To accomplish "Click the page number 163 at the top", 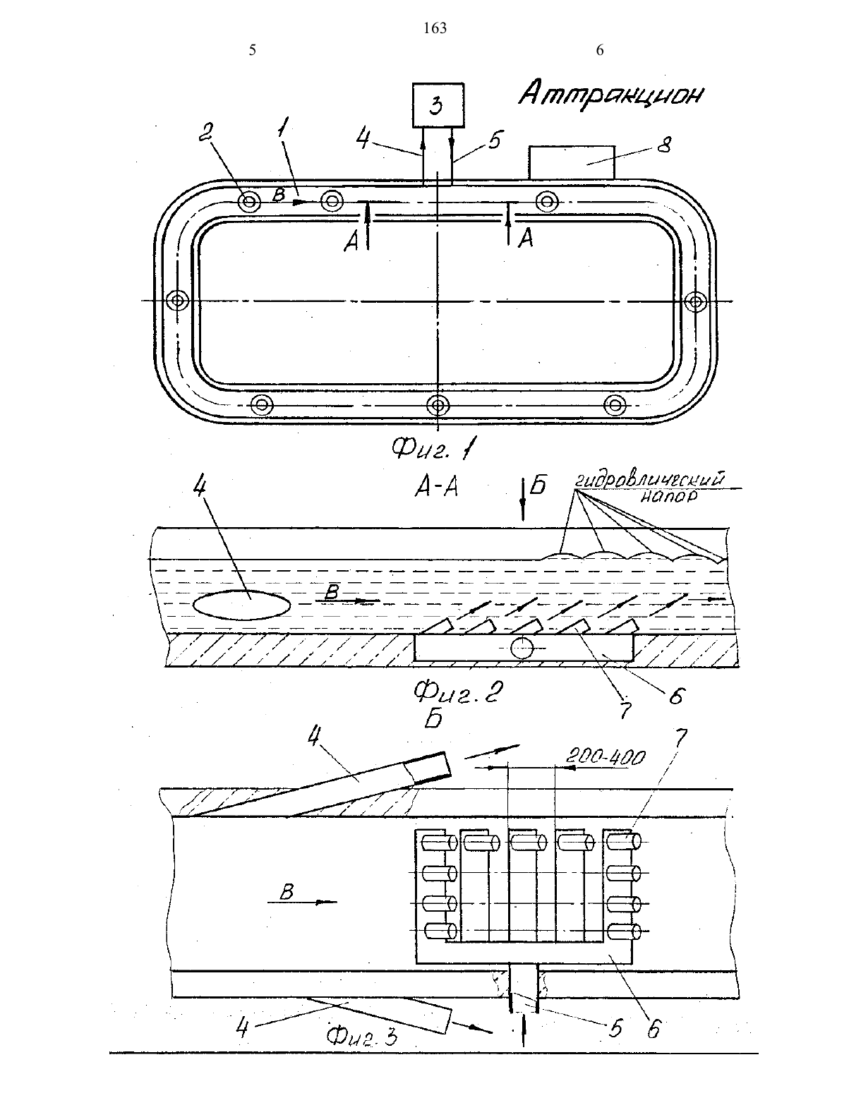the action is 435,28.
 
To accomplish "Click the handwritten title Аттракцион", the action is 611,94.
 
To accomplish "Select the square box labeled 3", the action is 438,105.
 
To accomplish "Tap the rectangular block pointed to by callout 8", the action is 572,163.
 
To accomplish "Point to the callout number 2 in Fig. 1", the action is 205,133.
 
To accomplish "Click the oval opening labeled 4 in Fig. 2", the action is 243,605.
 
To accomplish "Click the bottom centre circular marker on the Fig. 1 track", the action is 438,405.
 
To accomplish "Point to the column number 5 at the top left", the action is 253,50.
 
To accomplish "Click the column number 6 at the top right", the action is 600,50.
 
